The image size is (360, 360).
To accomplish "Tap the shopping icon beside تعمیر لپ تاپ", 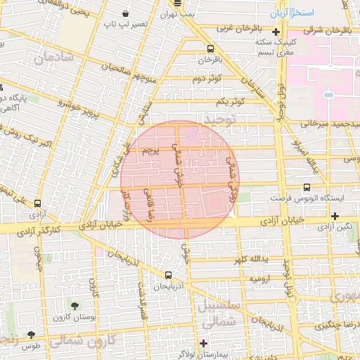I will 126,14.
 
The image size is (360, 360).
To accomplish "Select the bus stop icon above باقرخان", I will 210,49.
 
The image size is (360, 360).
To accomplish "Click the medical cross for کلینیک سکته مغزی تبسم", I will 276,32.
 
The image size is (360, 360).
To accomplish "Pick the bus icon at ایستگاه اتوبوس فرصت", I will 307,187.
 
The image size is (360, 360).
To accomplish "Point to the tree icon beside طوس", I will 30,335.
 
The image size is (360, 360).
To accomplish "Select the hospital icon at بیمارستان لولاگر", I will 204,344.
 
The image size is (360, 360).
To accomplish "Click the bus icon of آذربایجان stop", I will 168,276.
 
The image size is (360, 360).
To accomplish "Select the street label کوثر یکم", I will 230,101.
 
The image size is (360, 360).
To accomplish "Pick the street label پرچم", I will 154,150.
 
